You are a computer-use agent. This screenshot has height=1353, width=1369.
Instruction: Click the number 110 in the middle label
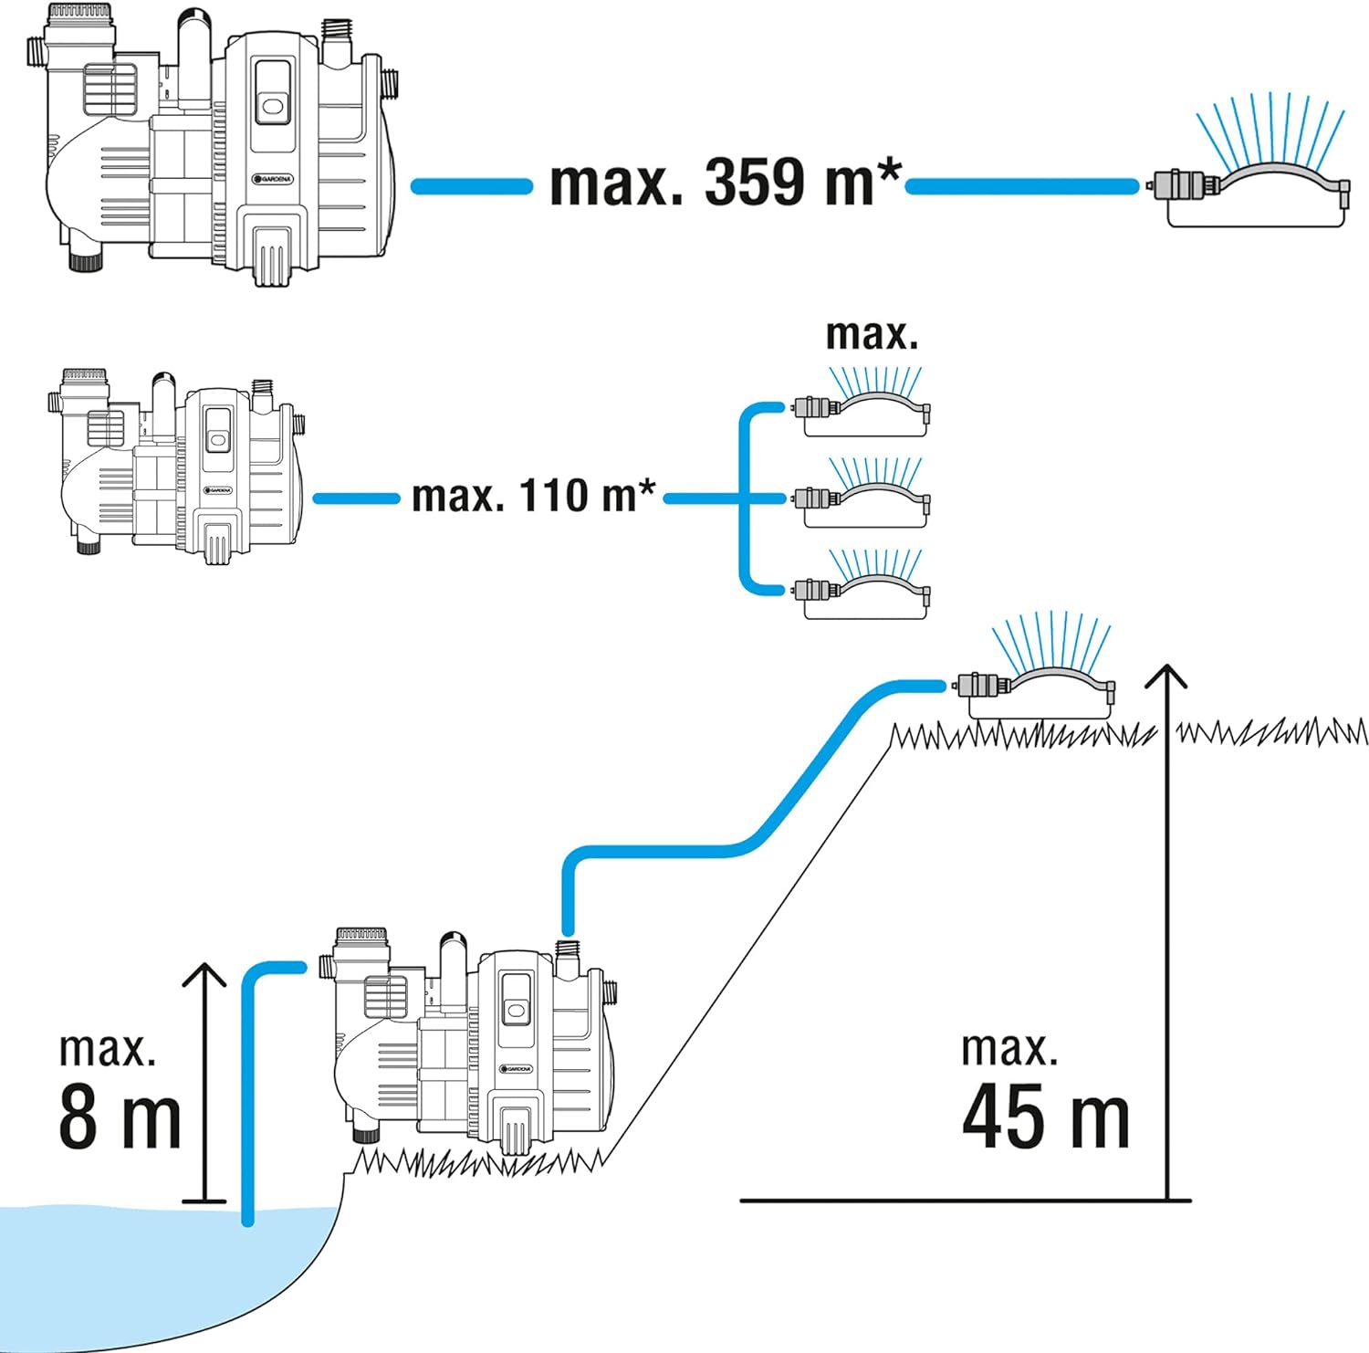[x=553, y=496]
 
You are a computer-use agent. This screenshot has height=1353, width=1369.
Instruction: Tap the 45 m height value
[x=1045, y=1116]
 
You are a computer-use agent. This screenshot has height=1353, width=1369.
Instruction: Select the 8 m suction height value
[x=120, y=1117]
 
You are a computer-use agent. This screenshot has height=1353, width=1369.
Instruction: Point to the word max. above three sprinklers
[x=871, y=334]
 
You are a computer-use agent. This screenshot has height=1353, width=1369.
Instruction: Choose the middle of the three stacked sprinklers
[x=863, y=498]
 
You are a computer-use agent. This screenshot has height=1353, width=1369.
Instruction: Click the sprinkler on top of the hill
[x=1035, y=685]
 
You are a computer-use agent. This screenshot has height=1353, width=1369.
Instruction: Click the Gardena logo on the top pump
[x=273, y=179]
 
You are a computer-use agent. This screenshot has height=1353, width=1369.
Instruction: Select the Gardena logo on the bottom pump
[x=517, y=1069]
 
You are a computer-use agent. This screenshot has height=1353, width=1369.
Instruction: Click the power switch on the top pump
[x=271, y=107]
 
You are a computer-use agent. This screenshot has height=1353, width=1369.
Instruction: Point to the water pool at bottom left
[x=137, y=1269]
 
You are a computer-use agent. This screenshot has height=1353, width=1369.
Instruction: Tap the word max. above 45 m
[x=1009, y=1049]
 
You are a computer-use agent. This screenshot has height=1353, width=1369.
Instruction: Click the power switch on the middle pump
[x=218, y=441]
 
